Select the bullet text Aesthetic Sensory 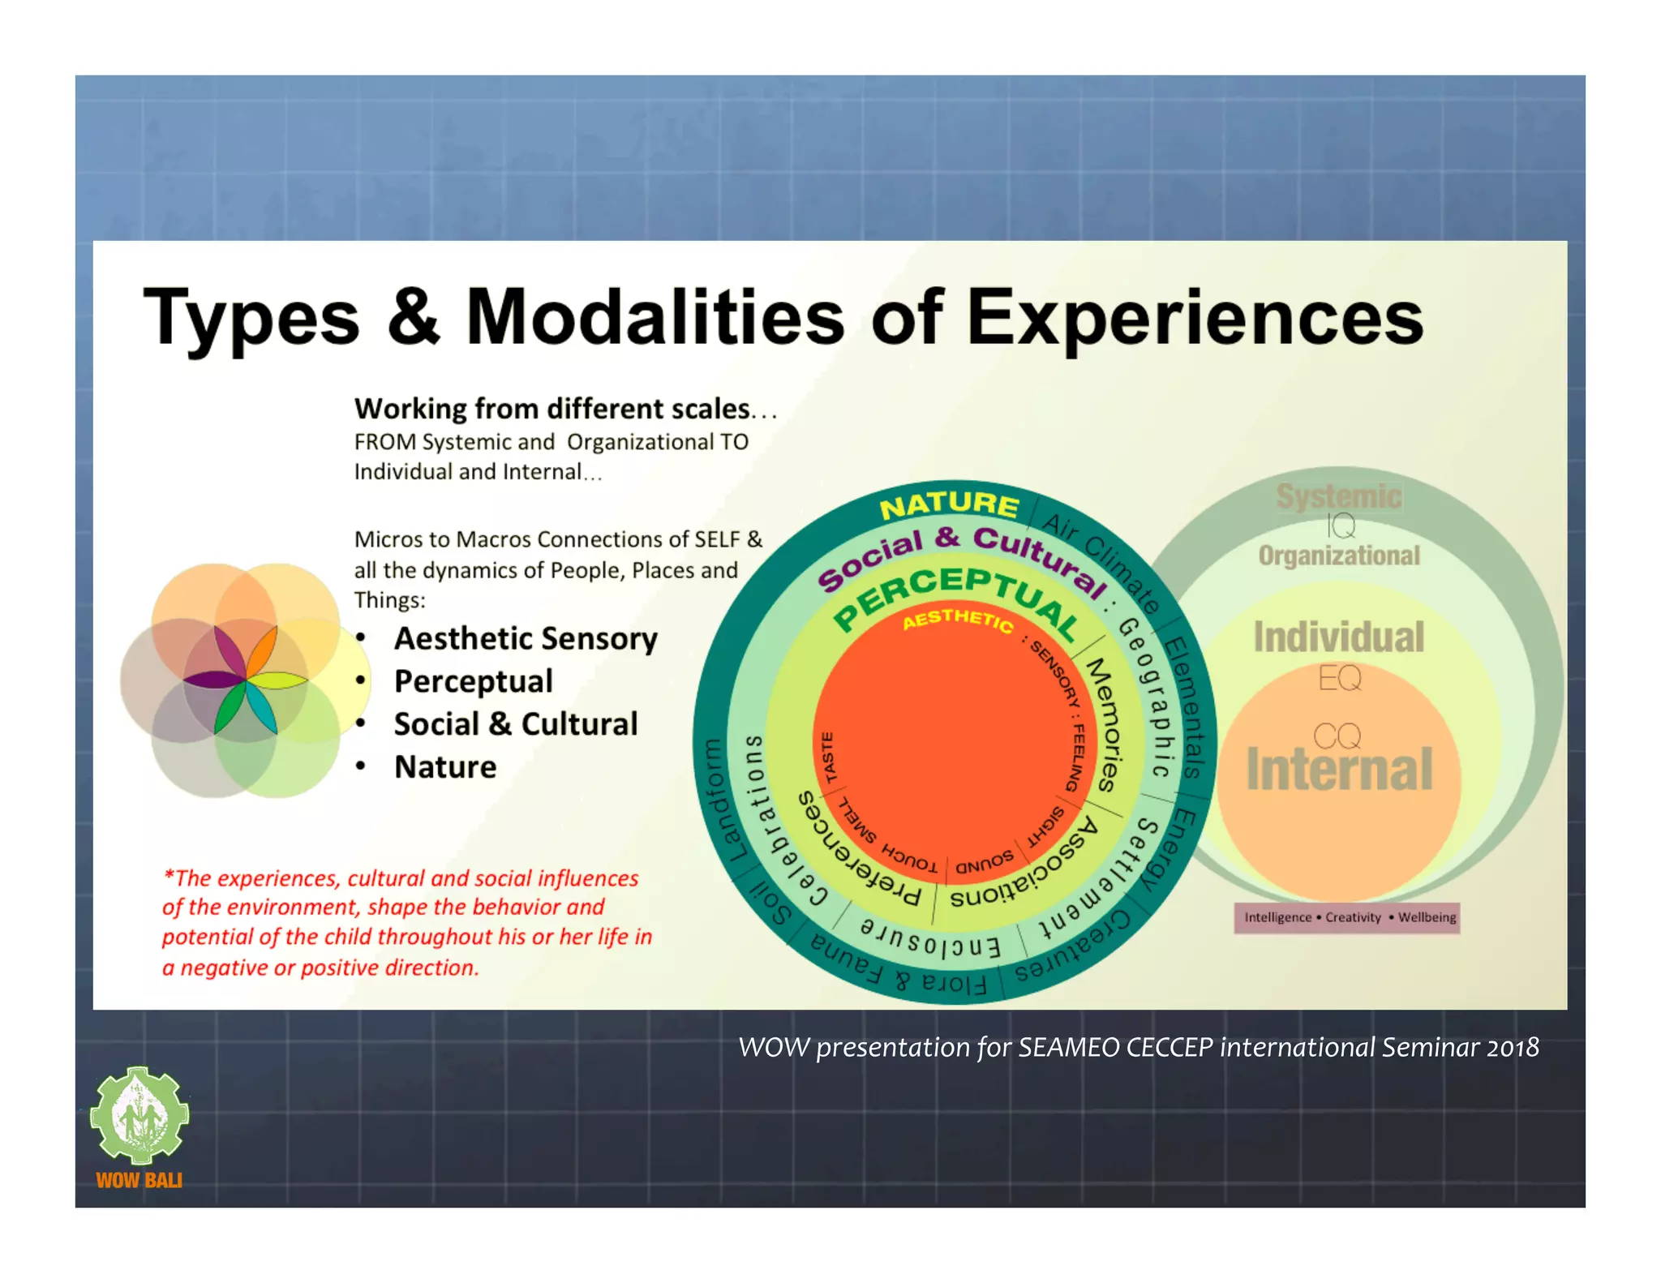[526, 638]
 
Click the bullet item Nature [445, 766]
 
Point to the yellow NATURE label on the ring [949, 506]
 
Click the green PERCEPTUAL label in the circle [957, 599]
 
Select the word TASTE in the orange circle [828, 757]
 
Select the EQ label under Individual [1339, 677]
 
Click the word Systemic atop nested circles [1338, 496]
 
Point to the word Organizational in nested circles [1338, 556]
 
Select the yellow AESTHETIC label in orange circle [958, 620]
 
